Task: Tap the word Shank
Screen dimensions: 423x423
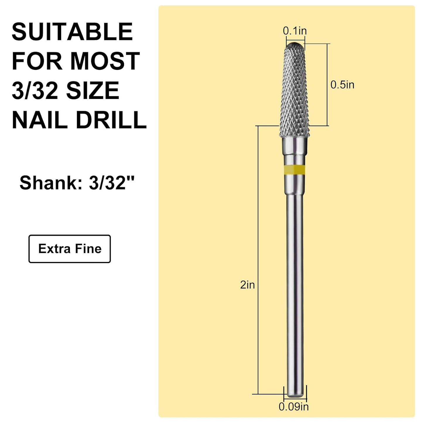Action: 51,183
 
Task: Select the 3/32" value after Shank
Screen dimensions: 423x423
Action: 112,183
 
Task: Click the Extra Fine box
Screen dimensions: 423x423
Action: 70,249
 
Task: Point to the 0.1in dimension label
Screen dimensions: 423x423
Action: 295,31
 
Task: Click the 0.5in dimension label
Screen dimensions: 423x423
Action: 342,85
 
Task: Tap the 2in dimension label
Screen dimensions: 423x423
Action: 247,285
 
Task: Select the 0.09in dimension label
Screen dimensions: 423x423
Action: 294,407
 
